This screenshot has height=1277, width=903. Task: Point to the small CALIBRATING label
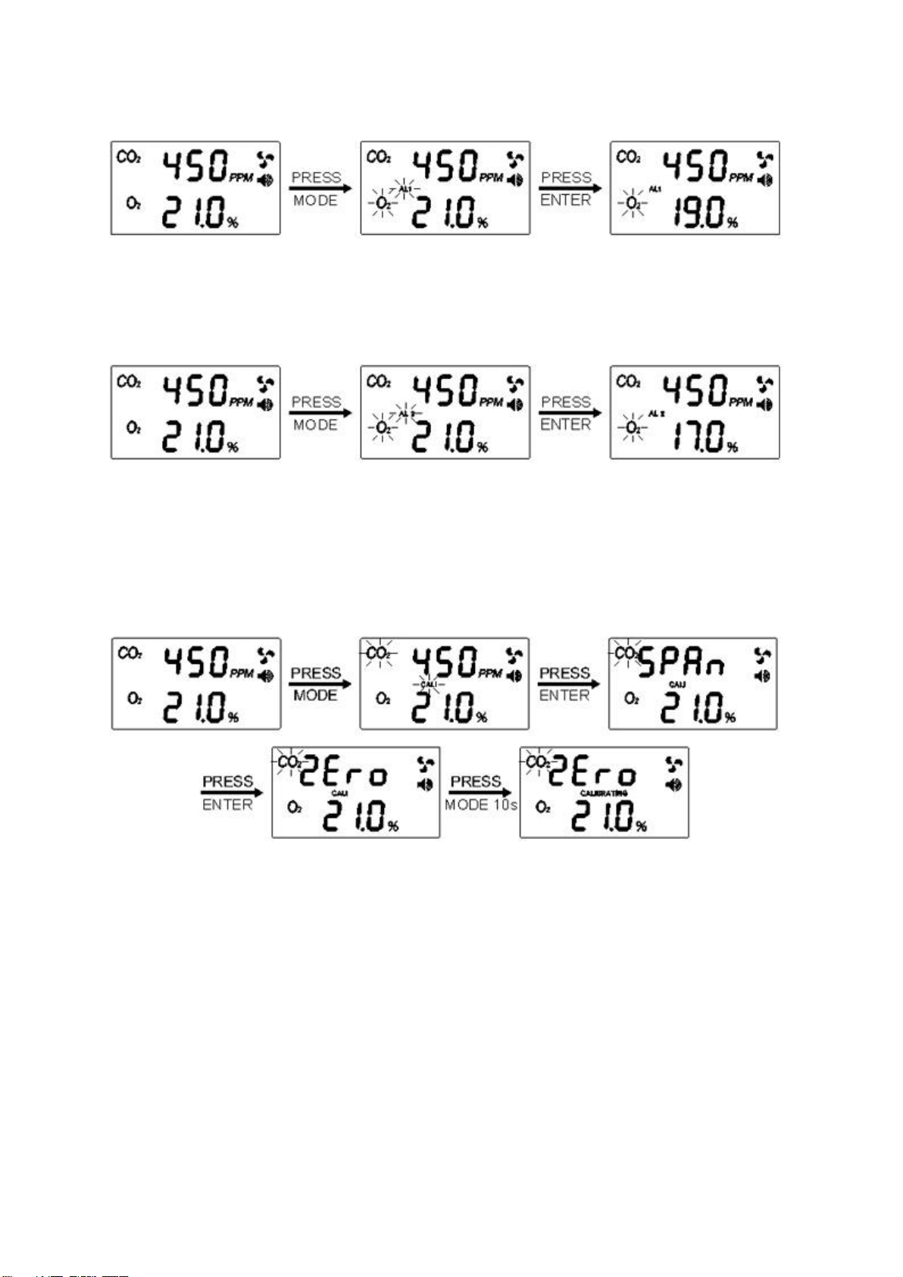point(603,793)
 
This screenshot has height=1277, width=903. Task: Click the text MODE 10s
point(481,805)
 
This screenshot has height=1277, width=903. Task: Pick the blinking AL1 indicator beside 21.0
point(405,189)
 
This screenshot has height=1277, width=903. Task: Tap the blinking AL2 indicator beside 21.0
point(406,414)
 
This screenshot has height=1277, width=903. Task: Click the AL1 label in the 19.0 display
point(655,189)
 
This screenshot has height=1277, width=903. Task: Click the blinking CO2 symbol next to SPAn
point(626,653)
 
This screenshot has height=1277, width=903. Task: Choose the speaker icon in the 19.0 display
point(765,180)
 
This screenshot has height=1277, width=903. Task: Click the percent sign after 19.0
point(732,223)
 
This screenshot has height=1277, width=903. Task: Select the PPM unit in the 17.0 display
point(741,402)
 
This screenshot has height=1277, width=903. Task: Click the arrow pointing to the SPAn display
point(569,684)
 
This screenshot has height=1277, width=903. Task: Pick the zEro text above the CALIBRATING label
point(592,774)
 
